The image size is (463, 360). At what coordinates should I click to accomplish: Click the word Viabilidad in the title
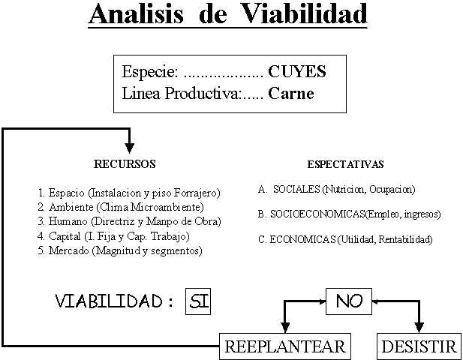click(304, 13)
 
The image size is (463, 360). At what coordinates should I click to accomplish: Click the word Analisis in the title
click(137, 13)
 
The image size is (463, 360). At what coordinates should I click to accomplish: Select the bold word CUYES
click(297, 71)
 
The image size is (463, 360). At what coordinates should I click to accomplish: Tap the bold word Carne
click(291, 93)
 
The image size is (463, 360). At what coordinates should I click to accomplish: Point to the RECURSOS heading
click(125, 164)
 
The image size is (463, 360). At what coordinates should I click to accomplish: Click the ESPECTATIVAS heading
click(345, 164)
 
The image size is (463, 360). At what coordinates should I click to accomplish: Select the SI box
click(198, 301)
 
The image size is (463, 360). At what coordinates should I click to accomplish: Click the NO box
click(349, 301)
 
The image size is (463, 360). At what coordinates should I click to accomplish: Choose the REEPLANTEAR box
click(285, 346)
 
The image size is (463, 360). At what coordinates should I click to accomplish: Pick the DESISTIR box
click(419, 346)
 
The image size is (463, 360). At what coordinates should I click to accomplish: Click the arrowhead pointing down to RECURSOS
click(129, 148)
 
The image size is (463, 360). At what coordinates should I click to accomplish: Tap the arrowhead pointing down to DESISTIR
click(419, 328)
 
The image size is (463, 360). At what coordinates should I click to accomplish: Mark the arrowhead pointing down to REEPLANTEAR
click(285, 328)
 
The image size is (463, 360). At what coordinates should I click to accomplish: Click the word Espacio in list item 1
click(67, 193)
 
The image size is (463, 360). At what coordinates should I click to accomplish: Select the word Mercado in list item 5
click(69, 250)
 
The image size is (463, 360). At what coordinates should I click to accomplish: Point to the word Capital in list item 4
click(65, 236)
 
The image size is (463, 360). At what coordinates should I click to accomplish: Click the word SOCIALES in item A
click(296, 189)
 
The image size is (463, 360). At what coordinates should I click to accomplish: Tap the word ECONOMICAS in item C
click(302, 239)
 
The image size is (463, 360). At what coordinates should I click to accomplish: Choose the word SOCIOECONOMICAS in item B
click(317, 214)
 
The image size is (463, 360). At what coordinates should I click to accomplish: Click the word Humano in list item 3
click(68, 221)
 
